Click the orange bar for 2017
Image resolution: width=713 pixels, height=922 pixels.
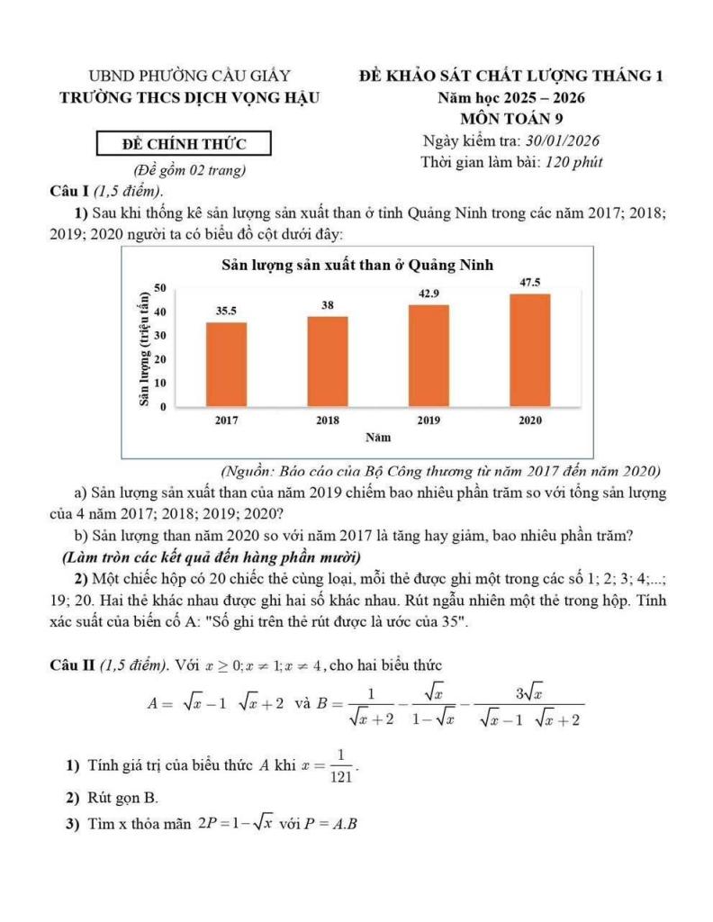226,364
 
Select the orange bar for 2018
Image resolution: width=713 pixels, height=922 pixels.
328,361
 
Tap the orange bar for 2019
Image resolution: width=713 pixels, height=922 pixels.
429,356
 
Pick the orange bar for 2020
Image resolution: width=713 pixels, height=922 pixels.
530,350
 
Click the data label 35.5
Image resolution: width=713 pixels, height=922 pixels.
226,311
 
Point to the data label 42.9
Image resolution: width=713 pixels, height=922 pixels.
429,294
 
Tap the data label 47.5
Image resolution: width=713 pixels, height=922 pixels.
530,283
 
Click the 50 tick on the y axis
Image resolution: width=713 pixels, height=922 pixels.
160,287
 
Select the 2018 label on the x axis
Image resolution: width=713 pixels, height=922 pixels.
328,420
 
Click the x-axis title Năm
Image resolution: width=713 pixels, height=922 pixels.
377,438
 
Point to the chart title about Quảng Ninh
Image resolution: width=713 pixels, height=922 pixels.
357,265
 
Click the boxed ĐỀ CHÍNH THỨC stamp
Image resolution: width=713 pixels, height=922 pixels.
184,143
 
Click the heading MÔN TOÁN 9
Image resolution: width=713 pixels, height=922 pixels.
511,118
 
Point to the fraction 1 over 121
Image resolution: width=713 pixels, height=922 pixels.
341,766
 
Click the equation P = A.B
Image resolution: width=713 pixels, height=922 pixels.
332,824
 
